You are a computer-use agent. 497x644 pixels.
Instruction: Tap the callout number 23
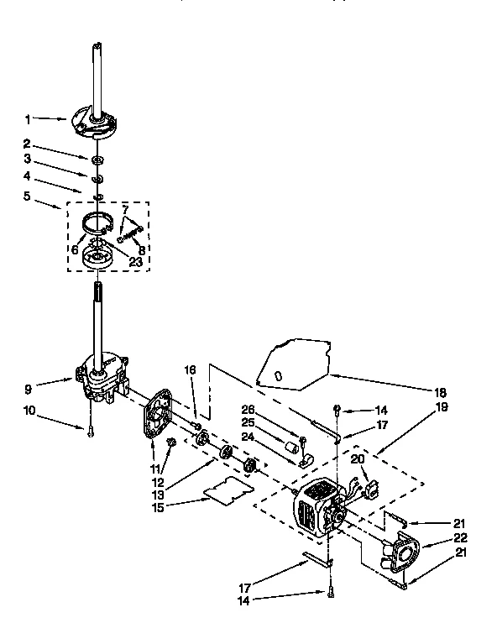point(135,262)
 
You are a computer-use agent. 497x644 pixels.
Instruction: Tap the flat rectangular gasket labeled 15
point(232,488)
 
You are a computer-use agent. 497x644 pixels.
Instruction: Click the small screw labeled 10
point(89,430)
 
